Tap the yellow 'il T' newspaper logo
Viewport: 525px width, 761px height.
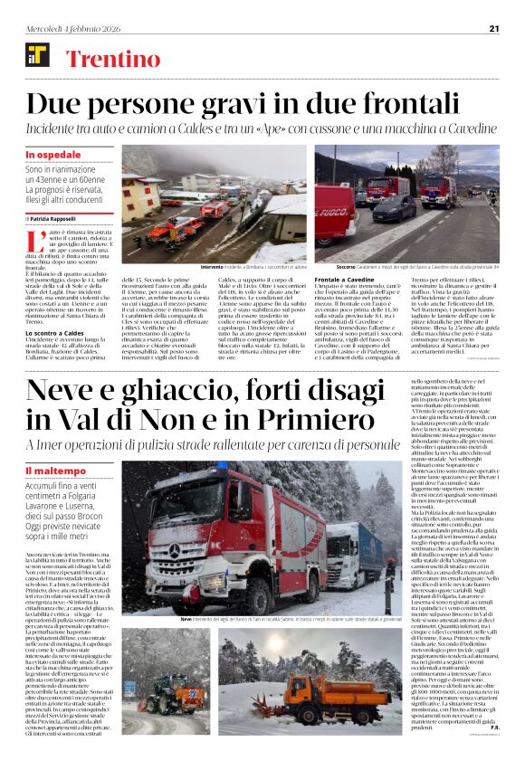pyautogui.click(x=36, y=55)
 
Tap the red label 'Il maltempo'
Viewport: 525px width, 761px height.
pyautogui.click(x=53, y=471)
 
